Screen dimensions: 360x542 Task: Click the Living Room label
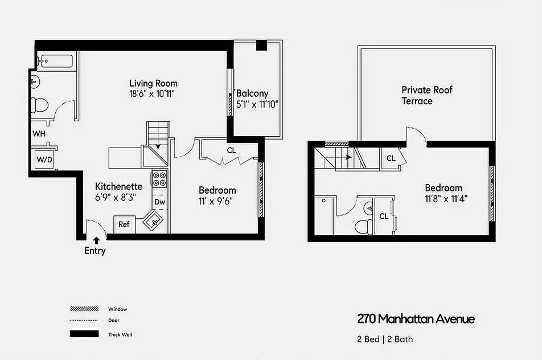pyautogui.click(x=153, y=83)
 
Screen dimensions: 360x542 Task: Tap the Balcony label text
pyautogui.click(x=252, y=93)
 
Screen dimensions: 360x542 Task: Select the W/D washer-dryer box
pyautogui.click(x=44, y=159)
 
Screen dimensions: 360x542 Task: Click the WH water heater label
pyautogui.click(x=39, y=133)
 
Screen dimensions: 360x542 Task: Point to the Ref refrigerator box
pyautogui.click(x=124, y=224)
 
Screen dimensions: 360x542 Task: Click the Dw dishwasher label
pyautogui.click(x=159, y=202)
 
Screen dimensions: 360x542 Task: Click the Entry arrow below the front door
pyautogui.click(x=96, y=240)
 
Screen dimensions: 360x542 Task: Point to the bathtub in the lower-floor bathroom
pyautogui.click(x=55, y=60)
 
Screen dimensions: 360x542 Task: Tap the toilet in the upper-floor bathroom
pyautogui.click(x=363, y=226)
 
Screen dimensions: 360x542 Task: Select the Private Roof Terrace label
pyautogui.click(x=426, y=96)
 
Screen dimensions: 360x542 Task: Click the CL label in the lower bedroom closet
pyautogui.click(x=231, y=151)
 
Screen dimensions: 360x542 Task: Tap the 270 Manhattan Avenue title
pyautogui.click(x=416, y=318)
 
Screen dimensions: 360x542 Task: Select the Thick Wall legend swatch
pyautogui.click(x=84, y=334)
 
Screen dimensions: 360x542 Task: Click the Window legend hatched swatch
pyautogui.click(x=84, y=309)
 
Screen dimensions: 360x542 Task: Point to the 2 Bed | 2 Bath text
pyautogui.click(x=385, y=339)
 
